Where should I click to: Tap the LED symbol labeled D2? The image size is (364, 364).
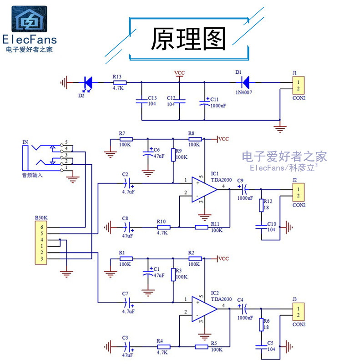click(88, 83)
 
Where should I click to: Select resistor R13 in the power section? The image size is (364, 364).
click(119, 82)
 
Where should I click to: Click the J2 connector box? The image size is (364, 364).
click(298, 192)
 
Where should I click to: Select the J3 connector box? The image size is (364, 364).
click(298, 312)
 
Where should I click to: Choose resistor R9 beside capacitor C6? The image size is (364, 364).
click(173, 155)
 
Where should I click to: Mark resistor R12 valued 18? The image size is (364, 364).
click(262, 205)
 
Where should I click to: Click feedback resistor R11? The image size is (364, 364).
click(202, 227)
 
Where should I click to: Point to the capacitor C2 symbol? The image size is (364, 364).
click(129, 183)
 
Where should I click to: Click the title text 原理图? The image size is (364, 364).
click(188, 39)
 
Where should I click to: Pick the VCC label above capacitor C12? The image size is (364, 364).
click(179, 73)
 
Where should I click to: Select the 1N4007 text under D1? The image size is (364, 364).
click(244, 92)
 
